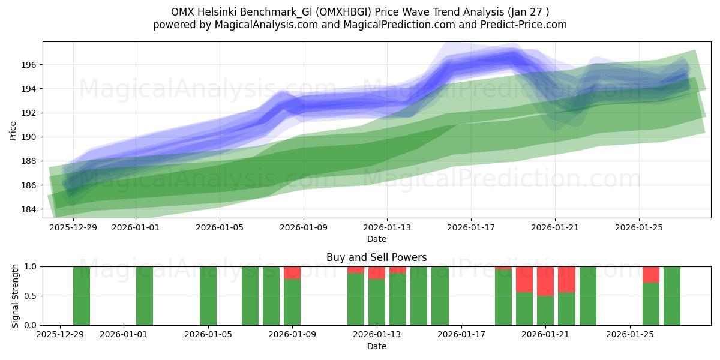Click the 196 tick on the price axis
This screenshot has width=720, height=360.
pyautogui.click(x=29, y=65)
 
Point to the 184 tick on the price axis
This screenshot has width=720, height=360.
pyautogui.click(x=29, y=209)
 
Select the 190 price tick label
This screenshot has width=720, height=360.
pyautogui.click(x=29, y=137)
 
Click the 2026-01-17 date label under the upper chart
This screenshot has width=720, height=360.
pyautogui.click(x=470, y=227)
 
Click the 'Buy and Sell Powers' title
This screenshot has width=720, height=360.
pyautogui.click(x=376, y=257)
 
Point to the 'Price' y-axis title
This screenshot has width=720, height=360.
pyautogui.click(x=13, y=130)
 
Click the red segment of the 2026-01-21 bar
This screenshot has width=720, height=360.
pyautogui.click(x=545, y=281)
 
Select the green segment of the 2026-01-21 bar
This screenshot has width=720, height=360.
pyautogui.click(x=545, y=310)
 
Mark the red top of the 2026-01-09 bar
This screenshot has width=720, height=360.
pyautogui.click(x=292, y=272)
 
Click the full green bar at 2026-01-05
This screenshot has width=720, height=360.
pyautogui.click(x=208, y=296)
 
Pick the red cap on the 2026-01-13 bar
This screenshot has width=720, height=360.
pyautogui.click(x=377, y=272)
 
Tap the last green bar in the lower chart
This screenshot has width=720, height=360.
pyautogui.click(x=672, y=296)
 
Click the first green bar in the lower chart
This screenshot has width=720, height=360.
pyautogui.click(x=82, y=296)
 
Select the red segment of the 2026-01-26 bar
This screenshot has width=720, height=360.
pyautogui.click(x=651, y=274)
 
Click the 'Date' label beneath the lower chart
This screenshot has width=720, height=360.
pyautogui.click(x=376, y=346)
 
